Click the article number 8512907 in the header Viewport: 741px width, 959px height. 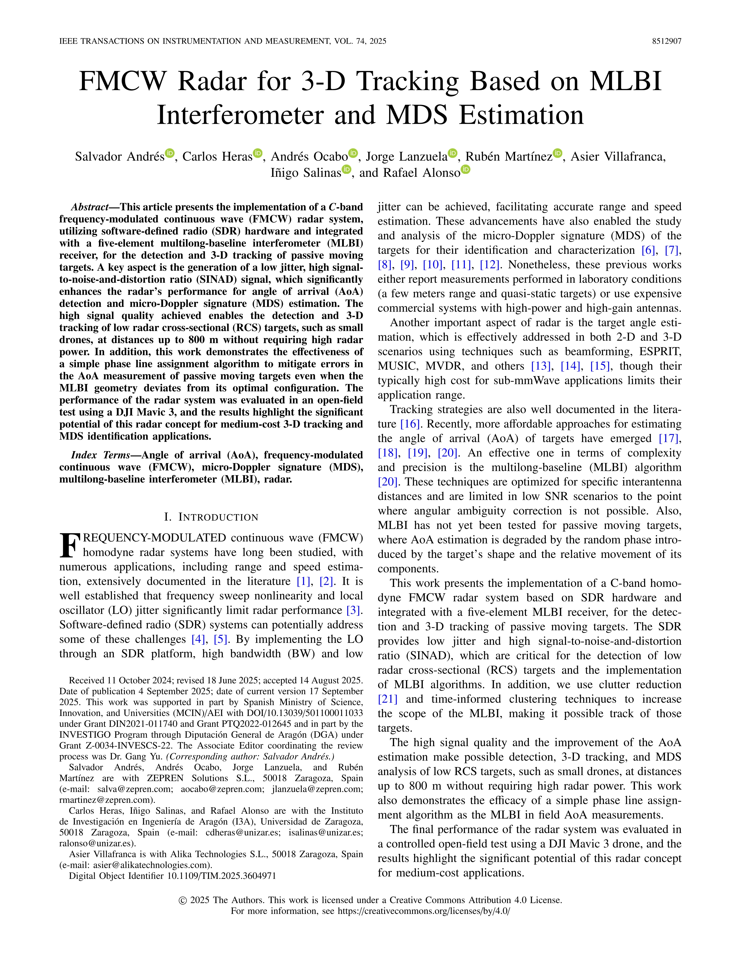pyautogui.click(x=666, y=41)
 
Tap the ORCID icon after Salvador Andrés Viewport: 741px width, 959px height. pyautogui.click(x=169, y=154)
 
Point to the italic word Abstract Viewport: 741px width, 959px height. pyautogui.click(x=90, y=207)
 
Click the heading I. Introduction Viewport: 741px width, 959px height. pyautogui.click(x=211, y=517)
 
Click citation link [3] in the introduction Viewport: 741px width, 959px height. pyautogui.click(x=354, y=610)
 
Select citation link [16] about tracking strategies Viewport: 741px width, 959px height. pyautogui.click(x=410, y=424)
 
